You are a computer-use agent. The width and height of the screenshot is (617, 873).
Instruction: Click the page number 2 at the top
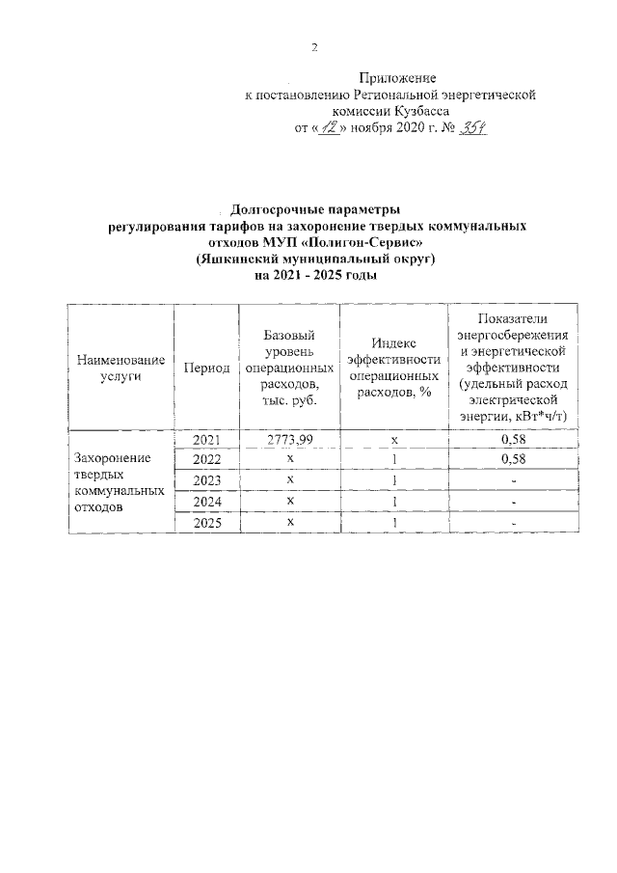(x=313, y=47)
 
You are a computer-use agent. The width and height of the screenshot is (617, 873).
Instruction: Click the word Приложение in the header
(x=397, y=77)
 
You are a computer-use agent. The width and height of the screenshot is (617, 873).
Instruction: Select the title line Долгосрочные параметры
(x=316, y=209)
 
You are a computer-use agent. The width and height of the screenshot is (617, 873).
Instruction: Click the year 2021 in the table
(x=205, y=440)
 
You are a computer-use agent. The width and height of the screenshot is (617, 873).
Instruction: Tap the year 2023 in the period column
(x=205, y=480)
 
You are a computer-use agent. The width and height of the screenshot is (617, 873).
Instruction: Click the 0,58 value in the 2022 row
(x=514, y=459)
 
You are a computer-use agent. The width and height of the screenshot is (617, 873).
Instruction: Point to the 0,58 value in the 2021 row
(x=514, y=440)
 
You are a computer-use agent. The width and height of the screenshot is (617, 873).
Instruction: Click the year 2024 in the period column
(x=205, y=501)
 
